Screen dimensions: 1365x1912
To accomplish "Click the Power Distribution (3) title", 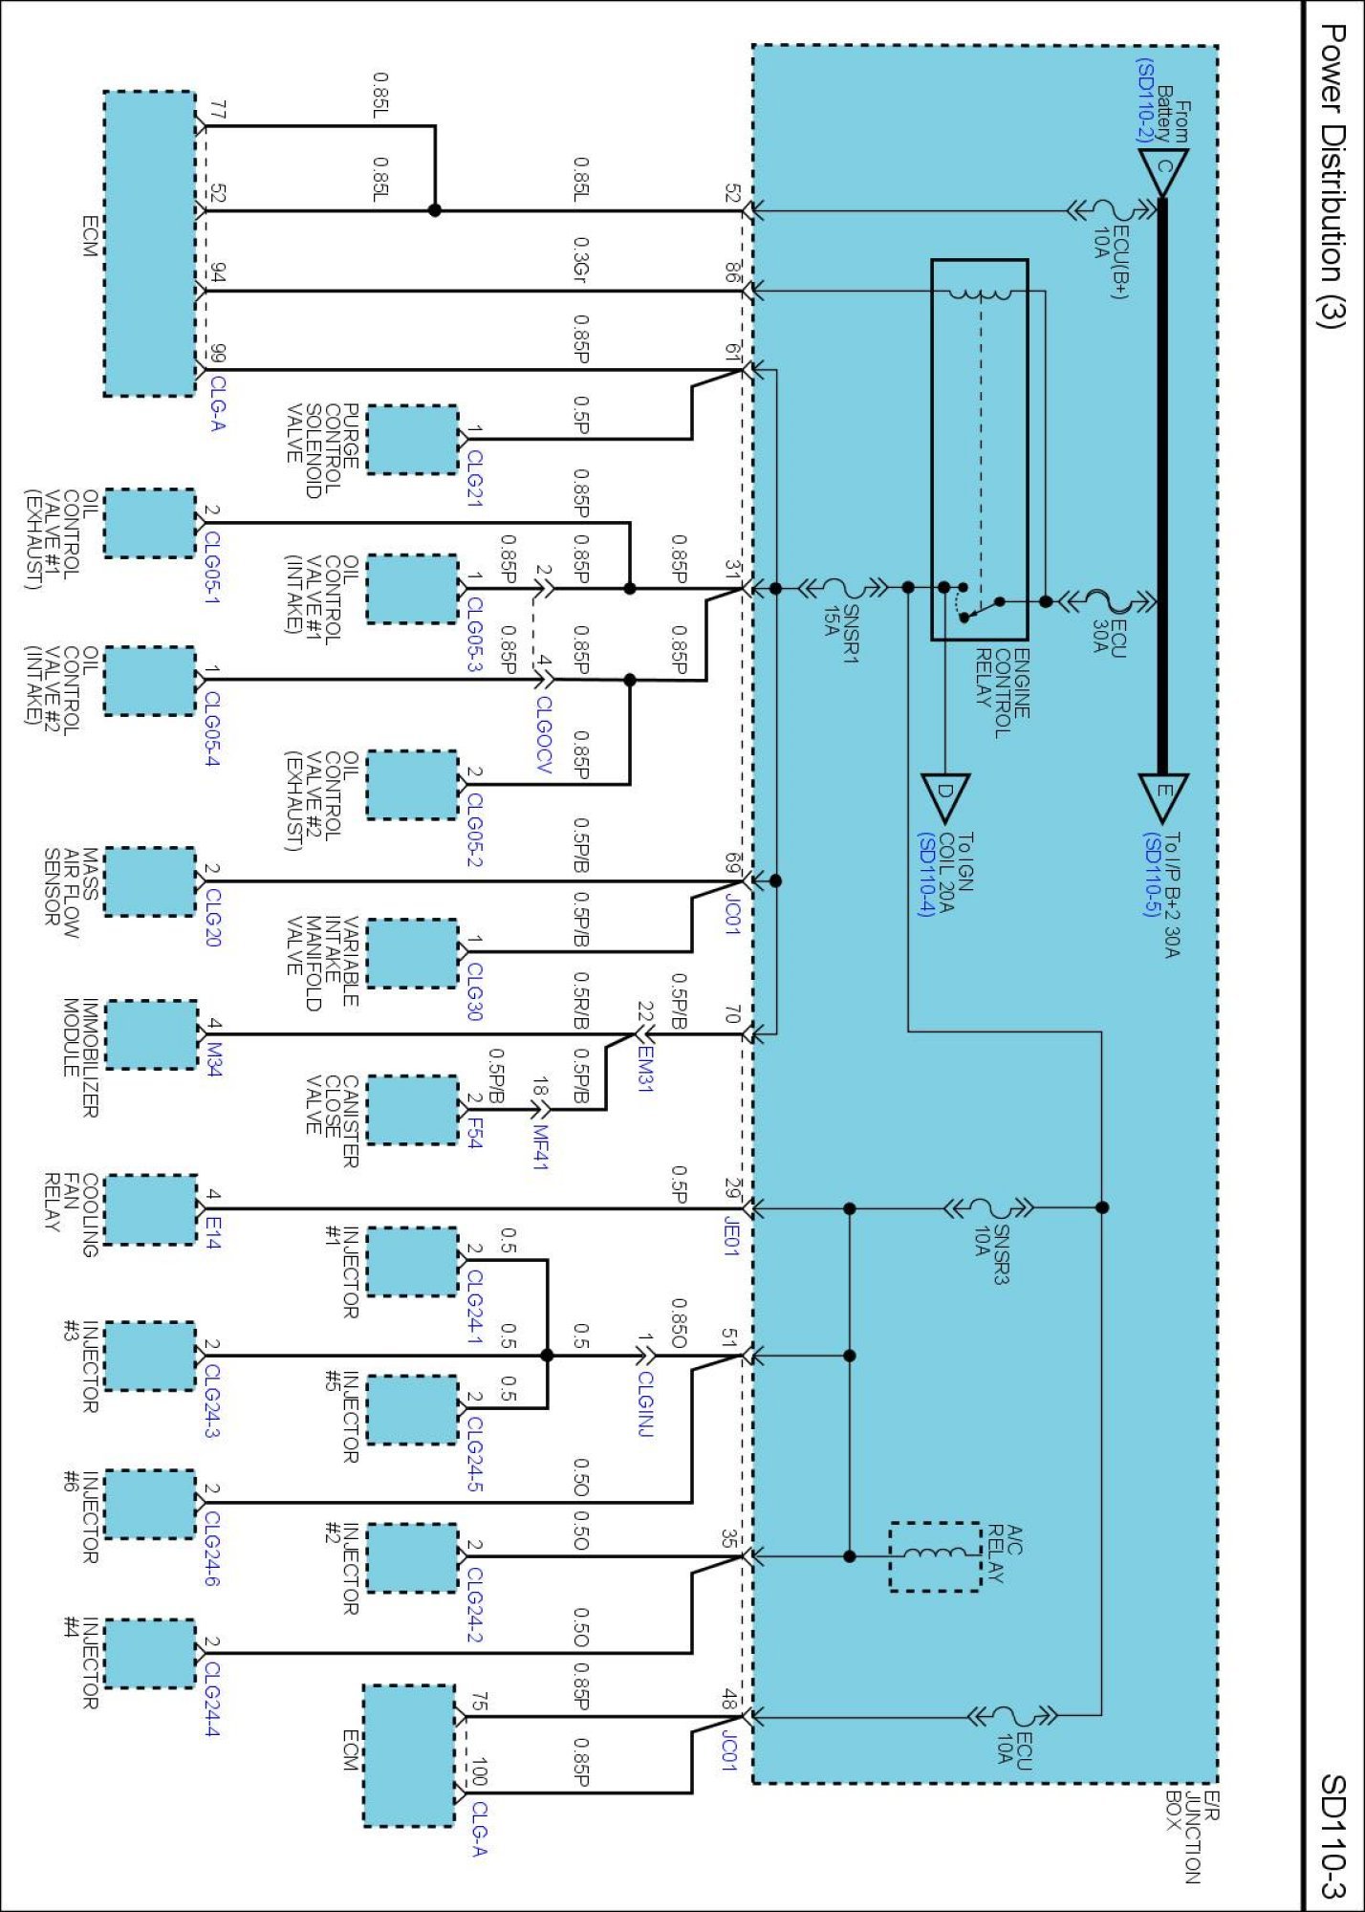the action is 1332,177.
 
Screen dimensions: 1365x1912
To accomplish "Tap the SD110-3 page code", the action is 1332,1836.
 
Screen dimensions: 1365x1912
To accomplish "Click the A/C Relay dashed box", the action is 935,1556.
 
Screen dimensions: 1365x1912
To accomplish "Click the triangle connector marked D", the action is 945,796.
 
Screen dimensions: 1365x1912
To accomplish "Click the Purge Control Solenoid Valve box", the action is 412,440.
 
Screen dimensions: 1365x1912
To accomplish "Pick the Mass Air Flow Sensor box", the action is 150,881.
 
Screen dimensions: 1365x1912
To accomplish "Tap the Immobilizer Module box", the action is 150,1033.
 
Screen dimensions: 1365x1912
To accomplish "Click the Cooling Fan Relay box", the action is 150,1209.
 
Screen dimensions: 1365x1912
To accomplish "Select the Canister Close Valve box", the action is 412,1110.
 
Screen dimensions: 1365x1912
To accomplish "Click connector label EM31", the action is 646,1070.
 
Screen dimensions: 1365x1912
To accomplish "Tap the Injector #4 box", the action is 150,1653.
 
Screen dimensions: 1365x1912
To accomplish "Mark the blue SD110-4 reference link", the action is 924,874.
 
